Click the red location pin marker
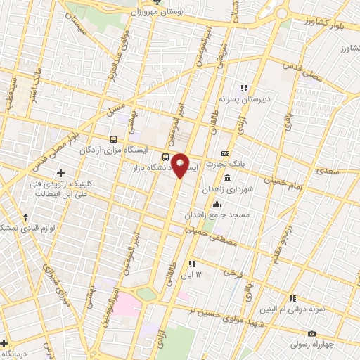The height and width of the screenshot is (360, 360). [x=180, y=165]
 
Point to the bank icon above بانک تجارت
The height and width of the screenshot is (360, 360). [x=226, y=153]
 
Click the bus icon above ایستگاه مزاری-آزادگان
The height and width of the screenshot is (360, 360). [x=114, y=139]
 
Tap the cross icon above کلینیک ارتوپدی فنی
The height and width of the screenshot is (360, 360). [x=60, y=173]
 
